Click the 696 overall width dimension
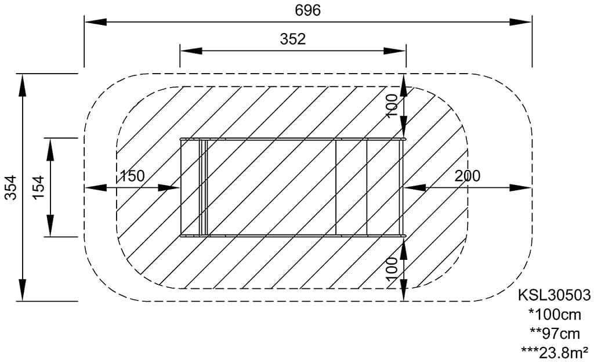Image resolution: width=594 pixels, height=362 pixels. coord(307,10)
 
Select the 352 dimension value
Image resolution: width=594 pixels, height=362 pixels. coord(292,39)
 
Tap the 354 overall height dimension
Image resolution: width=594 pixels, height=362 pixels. coord(12,187)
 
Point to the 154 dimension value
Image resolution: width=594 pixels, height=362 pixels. coord(38,187)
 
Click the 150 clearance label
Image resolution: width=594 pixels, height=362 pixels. coord(132,176)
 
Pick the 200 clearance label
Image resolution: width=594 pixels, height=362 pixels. coord(468,176)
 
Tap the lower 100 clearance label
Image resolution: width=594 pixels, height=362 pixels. coord(392,269)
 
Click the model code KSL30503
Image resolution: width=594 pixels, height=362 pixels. coord(554,295)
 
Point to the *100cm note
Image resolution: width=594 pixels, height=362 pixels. coord(555,314)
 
